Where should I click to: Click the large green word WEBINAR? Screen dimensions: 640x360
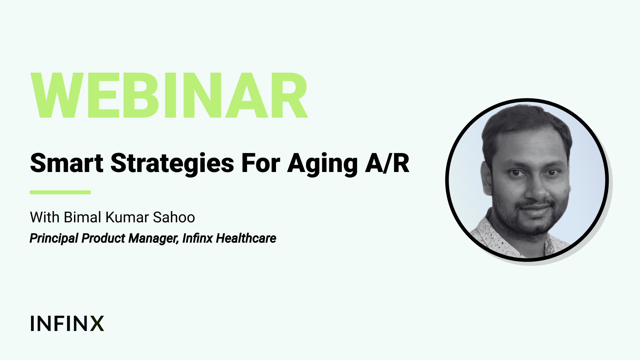169,96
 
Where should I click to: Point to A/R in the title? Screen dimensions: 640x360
387,163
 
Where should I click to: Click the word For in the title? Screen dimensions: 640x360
261,163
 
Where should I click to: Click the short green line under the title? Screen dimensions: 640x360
60,192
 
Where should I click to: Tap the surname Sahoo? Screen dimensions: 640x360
174,217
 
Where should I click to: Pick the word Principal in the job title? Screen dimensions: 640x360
54,239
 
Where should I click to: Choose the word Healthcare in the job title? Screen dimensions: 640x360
246,238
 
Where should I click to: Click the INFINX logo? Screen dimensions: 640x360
67,323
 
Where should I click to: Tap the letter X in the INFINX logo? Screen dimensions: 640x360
97,323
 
